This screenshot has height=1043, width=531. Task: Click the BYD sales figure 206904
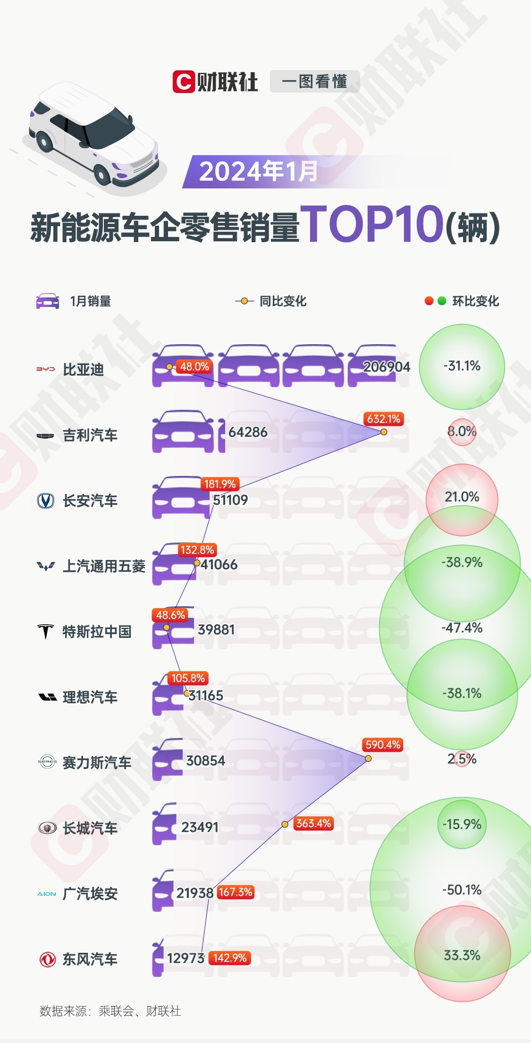387,367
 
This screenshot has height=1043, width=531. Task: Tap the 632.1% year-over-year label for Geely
383,419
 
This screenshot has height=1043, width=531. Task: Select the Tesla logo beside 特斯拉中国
46,631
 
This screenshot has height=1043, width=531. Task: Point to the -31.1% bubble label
462,366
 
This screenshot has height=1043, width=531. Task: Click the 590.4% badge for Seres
383,745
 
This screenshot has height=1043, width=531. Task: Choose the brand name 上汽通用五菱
104,566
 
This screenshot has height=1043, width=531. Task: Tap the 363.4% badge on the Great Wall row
313,823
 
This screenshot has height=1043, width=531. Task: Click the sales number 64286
248,432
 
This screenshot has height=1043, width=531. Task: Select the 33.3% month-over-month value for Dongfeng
462,956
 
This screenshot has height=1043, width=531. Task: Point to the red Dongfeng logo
47,959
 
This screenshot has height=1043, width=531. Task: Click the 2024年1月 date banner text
258,171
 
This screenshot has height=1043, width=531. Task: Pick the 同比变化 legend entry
283,301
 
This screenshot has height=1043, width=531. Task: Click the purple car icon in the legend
48,301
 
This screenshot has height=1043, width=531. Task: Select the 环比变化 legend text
475,301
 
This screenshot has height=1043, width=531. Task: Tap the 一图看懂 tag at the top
314,82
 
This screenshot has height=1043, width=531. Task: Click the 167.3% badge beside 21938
236,892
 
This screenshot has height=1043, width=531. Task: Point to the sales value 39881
216,630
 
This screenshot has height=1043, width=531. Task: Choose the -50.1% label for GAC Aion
462,890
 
